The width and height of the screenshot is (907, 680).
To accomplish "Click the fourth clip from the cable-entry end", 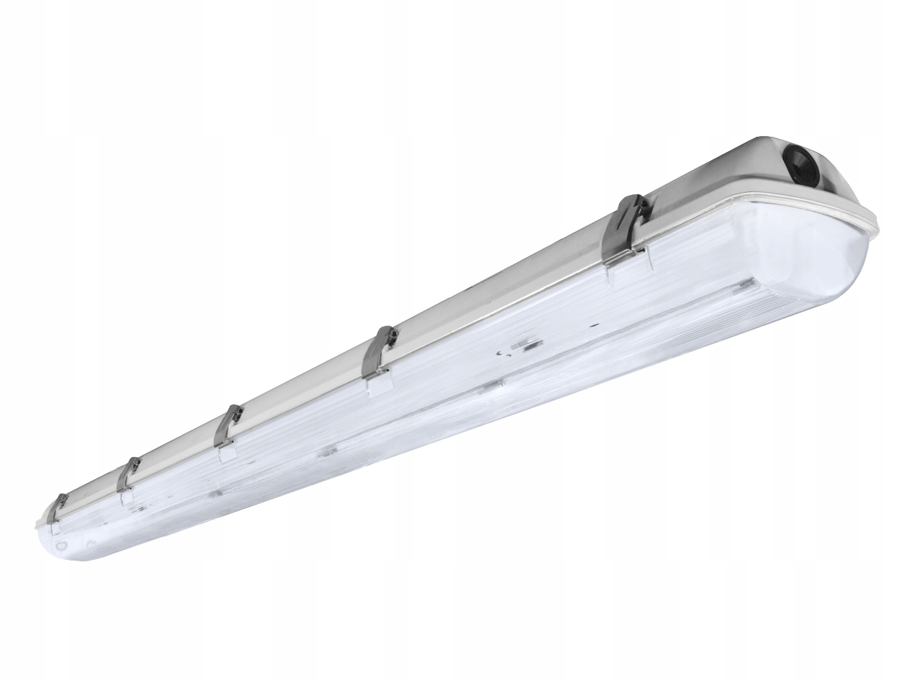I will tap(128, 478).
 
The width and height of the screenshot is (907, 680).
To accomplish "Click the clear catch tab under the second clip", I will tap(378, 385).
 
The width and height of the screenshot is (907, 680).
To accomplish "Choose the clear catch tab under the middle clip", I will tap(225, 454).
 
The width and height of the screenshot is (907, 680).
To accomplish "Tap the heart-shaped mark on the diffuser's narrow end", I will tap(90, 541).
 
